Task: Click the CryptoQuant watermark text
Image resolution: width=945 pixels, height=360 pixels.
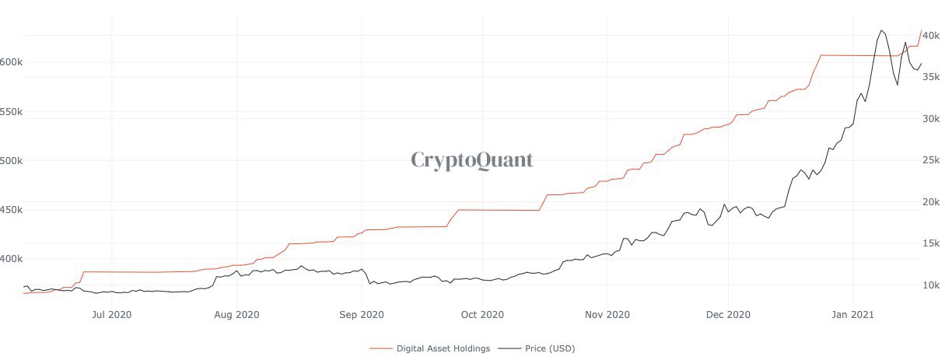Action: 471,160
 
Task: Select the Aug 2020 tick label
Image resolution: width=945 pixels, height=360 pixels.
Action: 236,315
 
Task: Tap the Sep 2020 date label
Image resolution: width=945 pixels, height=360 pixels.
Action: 362,315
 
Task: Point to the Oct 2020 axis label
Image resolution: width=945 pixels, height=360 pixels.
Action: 482,315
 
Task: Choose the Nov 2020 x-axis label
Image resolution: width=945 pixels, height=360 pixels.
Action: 607,315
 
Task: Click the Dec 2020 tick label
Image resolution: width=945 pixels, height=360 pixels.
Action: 728,315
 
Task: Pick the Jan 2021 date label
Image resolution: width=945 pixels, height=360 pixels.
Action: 854,315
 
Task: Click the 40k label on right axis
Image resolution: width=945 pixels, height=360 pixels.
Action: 932,36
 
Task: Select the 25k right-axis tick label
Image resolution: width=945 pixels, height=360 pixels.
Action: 932,160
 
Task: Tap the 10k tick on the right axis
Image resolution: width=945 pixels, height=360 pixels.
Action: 932,285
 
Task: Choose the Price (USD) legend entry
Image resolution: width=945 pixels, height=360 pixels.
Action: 545,348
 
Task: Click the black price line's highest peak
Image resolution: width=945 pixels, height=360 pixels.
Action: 881,31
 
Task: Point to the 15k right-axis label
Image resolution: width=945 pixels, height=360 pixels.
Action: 932,243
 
